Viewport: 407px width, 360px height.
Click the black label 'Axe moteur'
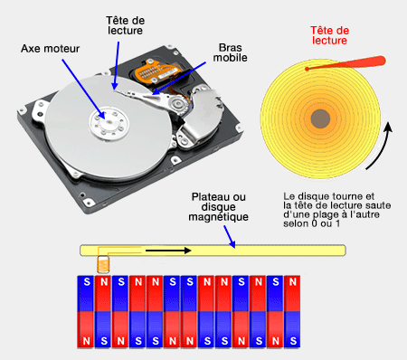click(50, 49)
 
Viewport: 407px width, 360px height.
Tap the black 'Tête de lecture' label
click(125, 25)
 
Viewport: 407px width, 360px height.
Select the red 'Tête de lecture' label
click(329, 35)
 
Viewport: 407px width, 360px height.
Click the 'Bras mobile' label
click(230, 52)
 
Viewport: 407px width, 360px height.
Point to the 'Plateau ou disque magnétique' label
click(219, 207)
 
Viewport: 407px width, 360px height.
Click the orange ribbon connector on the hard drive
click(157, 71)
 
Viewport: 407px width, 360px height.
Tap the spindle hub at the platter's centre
click(109, 123)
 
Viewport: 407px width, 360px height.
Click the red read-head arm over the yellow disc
click(345, 63)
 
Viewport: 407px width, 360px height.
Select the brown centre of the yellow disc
click(320, 118)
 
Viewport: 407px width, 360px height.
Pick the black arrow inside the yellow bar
click(168, 251)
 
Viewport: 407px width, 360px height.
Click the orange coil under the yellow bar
click(103, 264)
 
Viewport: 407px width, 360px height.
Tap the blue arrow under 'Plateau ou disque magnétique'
click(230, 237)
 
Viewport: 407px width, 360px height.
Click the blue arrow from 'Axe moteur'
click(83, 90)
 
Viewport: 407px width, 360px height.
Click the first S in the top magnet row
click(87, 282)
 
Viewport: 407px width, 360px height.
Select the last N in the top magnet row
click(292, 282)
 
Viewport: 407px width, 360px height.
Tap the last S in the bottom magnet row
click(293, 341)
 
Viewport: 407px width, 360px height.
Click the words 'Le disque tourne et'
click(328, 196)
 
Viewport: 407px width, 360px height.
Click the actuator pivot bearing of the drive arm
click(176, 104)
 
